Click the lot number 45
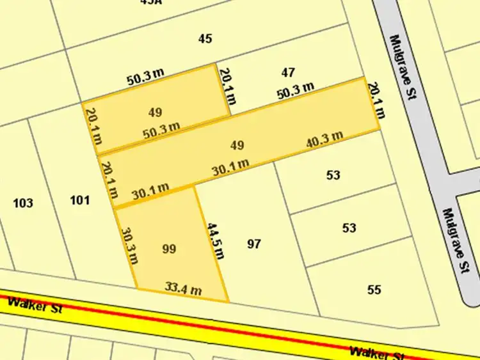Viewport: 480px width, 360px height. pyautogui.click(x=205, y=39)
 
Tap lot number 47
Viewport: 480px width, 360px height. pyautogui.click(x=288, y=72)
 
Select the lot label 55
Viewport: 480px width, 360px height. pyautogui.click(x=374, y=290)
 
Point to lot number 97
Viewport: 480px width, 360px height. pyautogui.click(x=254, y=244)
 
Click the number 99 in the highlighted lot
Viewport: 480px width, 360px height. pyautogui.click(x=169, y=249)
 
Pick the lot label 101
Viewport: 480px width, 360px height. pyautogui.click(x=79, y=200)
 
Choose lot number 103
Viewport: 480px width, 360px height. pyautogui.click(x=23, y=203)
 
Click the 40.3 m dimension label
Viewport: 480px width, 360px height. pyautogui.click(x=324, y=138)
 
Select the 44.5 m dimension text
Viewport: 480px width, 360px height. pyautogui.click(x=216, y=241)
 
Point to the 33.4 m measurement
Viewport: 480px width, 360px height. pyautogui.click(x=183, y=288)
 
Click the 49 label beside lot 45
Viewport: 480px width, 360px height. pyautogui.click(x=155, y=113)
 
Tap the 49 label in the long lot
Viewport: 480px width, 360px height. pyautogui.click(x=237, y=145)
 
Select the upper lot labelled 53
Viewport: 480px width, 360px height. pyautogui.click(x=333, y=175)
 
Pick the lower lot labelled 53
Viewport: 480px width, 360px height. pyautogui.click(x=349, y=228)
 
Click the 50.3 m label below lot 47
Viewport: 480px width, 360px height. pyautogui.click(x=296, y=91)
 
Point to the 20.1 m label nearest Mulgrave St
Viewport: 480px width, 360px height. pyautogui.click(x=377, y=100)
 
